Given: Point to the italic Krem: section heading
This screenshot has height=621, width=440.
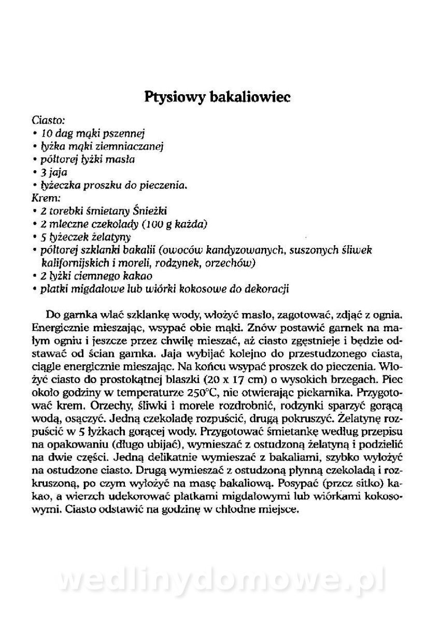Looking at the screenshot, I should pos(46,197).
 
